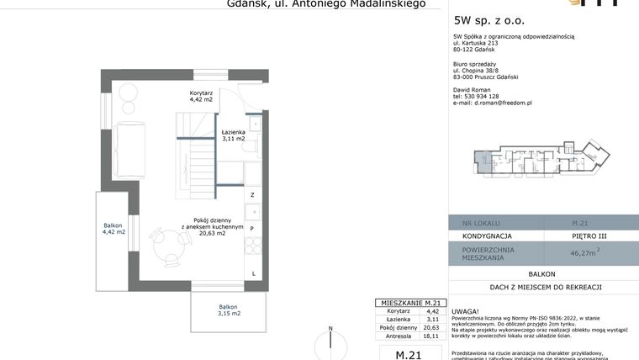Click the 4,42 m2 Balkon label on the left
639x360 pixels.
tap(114, 228)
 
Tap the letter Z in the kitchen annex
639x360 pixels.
tap(252, 195)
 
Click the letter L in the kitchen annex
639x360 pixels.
tap(253, 273)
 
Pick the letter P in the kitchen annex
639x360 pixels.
tap(252, 228)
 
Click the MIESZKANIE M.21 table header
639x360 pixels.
tap(407, 302)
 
